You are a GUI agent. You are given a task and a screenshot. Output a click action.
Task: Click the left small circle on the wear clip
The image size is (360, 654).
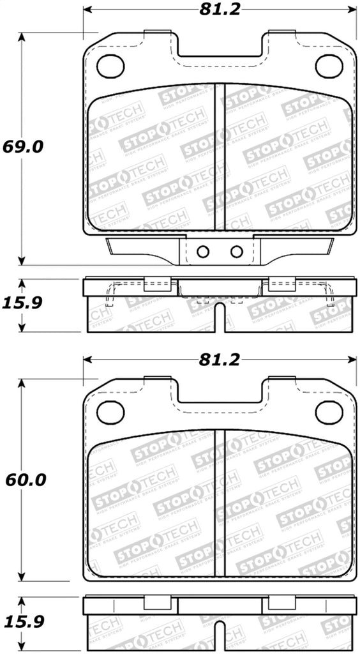point(203,252)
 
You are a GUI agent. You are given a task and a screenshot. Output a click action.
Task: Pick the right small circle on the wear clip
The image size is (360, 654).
point(236,252)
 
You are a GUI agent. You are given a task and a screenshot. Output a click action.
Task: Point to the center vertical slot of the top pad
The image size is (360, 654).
point(220,156)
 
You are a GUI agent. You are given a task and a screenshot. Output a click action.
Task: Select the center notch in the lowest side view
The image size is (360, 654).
point(220,639)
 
